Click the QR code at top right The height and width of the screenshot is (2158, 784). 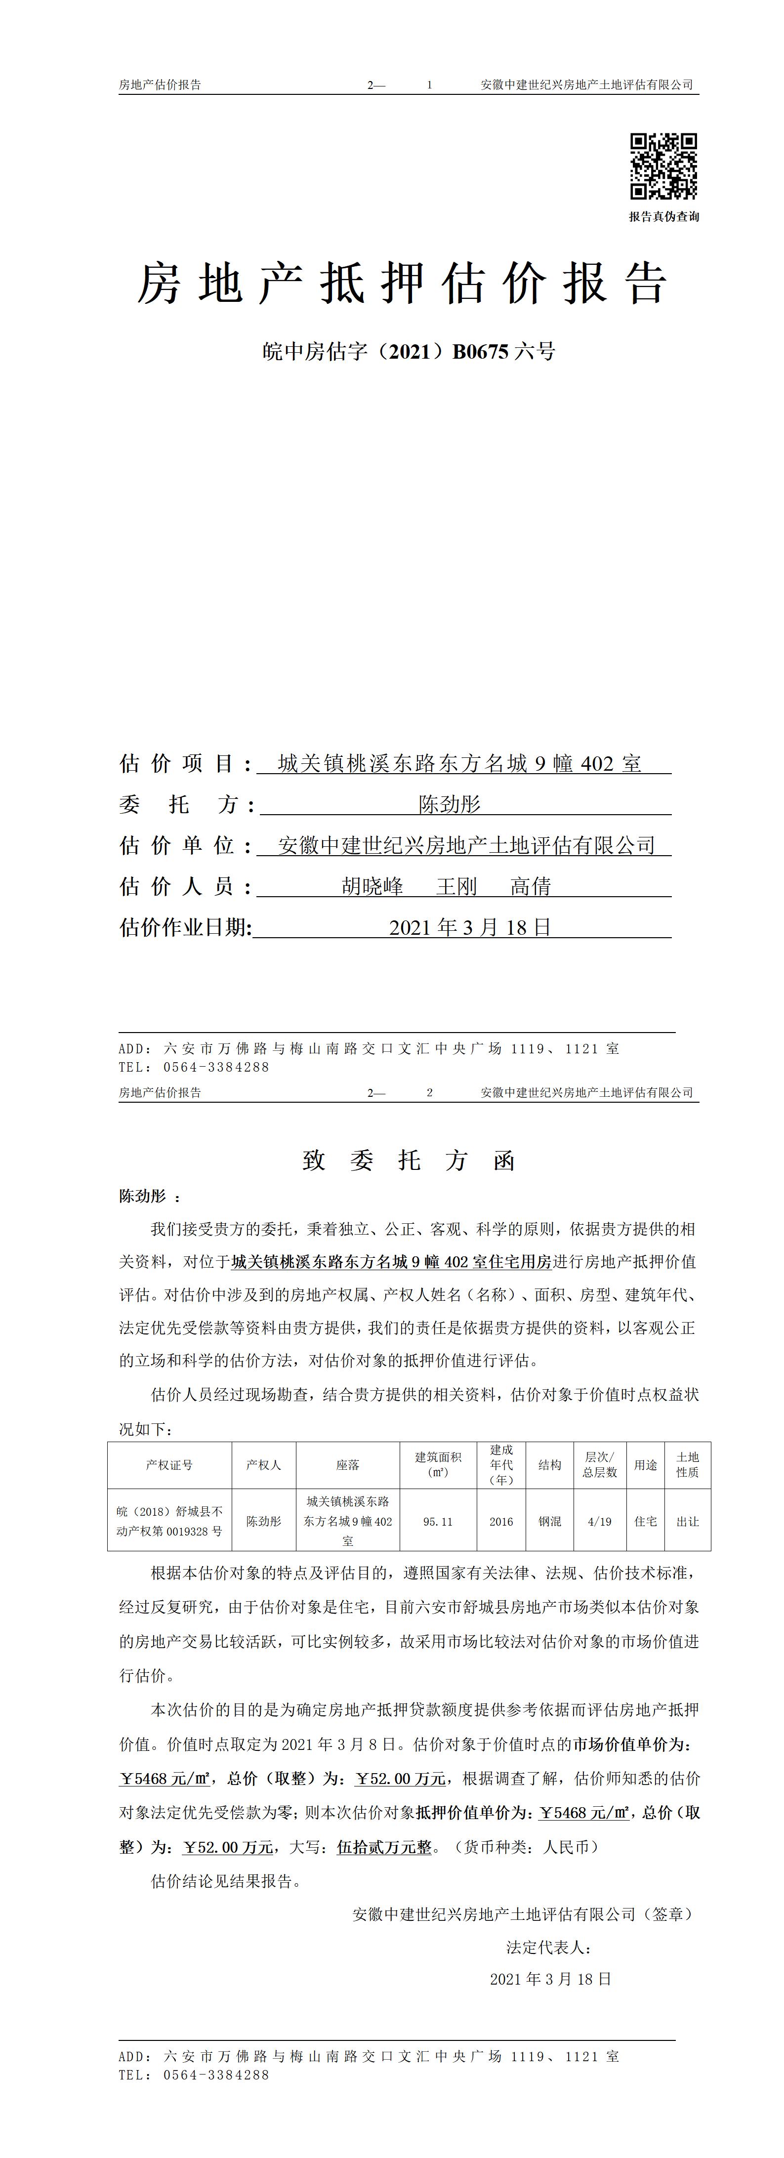663,166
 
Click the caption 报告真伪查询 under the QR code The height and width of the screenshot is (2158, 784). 663,216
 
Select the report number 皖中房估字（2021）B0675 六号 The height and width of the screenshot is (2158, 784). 409,352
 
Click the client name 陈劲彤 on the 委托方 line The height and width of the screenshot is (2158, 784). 450,805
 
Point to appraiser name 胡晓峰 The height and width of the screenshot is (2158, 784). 372,886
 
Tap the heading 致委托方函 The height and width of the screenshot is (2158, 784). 409,1160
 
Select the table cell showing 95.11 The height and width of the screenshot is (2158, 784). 438,1521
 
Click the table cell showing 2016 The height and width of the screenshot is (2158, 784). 501,1521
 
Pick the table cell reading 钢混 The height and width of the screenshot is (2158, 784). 549,1521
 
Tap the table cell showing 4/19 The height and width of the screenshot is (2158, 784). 600,1521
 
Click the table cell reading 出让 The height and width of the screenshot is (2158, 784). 688,1521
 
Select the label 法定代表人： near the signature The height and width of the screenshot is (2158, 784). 549,1948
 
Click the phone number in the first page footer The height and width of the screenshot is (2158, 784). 216,1067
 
